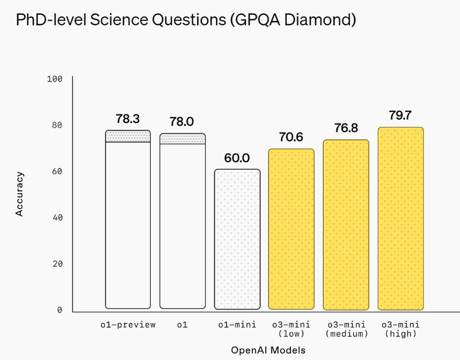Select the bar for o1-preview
(127, 224)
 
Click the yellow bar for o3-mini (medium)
(346, 224)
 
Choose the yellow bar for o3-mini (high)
(400, 218)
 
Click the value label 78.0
(182, 122)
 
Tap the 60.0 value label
(237, 158)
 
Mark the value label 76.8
(346, 128)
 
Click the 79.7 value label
(400, 115)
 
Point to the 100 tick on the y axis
(54, 79)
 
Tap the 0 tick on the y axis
(59, 311)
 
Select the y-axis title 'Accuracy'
(20, 193)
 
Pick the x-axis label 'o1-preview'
(127, 325)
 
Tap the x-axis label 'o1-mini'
(237, 325)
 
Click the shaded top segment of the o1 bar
(182, 139)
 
